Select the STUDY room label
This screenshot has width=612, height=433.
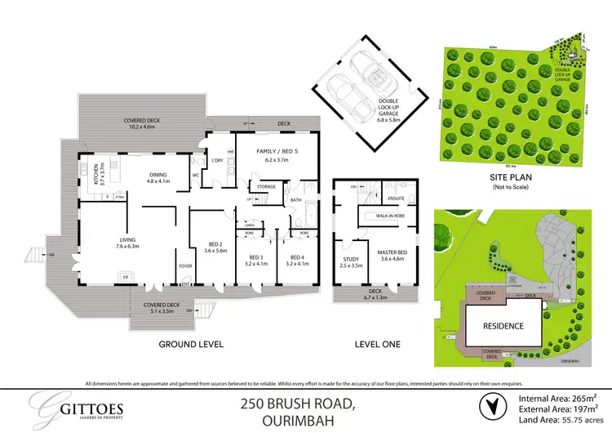click(x=350, y=263)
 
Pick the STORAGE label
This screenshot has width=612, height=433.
click(x=267, y=187)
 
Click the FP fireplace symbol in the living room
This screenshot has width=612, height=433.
click(x=125, y=278)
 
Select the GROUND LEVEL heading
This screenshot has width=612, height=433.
click(x=192, y=345)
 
